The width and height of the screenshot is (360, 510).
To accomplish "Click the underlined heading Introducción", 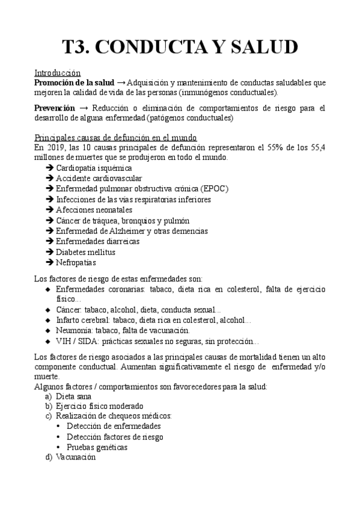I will [x=57, y=72].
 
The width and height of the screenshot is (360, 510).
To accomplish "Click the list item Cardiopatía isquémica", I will [x=93, y=168].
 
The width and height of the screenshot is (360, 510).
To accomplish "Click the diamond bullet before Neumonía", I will [x=49, y=330].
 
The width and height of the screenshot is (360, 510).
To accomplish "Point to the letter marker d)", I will [x=48, y=457].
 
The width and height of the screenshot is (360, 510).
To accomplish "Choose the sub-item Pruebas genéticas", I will [x=97, y=447].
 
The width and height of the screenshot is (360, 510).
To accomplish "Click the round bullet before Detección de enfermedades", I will [x=58, y=426].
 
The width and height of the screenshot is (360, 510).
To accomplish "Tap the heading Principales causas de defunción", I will [x=116, y=138].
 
